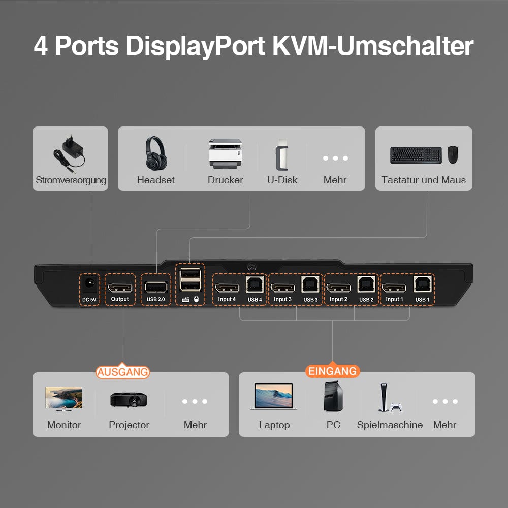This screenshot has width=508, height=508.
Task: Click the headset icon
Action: [155, 153]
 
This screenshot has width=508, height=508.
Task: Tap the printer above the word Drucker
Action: [225, 153]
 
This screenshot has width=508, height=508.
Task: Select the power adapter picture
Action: [70, 152]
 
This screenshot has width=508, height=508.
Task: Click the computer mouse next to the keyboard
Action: [452, 154]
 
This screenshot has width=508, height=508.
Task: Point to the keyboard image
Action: [416, 155]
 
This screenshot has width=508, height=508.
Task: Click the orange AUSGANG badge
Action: [123, 372]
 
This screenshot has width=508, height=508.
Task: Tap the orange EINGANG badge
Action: [332, 371]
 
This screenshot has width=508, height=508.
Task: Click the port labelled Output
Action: [120, 287]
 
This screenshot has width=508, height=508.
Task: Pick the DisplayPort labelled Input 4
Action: [227, 288]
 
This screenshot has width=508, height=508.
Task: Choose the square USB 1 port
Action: [422, 284]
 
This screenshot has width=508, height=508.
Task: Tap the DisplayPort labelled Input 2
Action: [338, 288]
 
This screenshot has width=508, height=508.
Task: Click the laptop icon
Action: [273, 397]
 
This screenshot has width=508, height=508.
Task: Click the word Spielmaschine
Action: [390, 425]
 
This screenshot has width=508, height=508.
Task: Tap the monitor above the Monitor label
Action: [63, 398]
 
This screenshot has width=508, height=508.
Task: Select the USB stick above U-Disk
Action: [281, 155]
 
